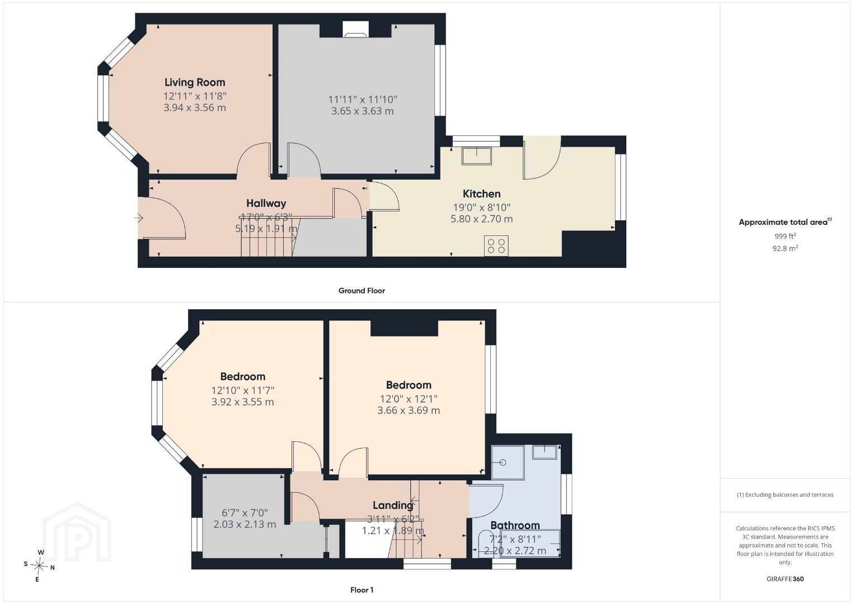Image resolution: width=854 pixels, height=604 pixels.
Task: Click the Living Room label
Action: (x=195, y=82)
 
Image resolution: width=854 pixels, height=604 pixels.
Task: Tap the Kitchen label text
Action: (x=481, y=194)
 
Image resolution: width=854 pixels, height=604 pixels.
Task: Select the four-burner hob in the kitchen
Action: (x=496, y=246)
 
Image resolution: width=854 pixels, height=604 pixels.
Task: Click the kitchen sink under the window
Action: (x=477, y=156)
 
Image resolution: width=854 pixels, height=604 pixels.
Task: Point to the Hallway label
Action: (x=266, y=204)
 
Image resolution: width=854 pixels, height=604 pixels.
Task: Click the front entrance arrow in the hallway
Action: (x=138, y=218)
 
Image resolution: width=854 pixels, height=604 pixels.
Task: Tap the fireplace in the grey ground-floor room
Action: (x=356, y=29)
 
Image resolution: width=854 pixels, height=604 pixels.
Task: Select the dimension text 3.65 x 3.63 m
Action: (x=363, y=111)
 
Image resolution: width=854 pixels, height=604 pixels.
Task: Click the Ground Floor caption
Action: (x=362, y=291)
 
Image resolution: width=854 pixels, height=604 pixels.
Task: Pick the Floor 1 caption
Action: (x=362, y=590)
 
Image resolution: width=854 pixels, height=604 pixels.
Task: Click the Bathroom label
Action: (x=515, y=525)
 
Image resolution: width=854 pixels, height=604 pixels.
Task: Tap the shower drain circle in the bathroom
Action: (x=503, y=463)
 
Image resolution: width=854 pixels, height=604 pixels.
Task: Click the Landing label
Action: (x=393, y=506)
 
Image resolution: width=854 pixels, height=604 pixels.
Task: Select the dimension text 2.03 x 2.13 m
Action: (x=245, y=525)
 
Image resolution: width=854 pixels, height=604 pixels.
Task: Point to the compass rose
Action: (x=39, y=567)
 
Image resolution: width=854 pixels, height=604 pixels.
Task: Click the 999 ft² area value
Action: (x=785, y=236)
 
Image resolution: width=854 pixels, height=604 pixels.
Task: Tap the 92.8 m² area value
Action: (x=785, y=248)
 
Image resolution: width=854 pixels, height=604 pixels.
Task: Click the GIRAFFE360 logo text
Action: (x=785, y=579)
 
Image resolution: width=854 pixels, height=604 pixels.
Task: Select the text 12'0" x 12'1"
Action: (x=409, y=399)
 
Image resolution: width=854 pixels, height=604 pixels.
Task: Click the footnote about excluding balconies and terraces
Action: (x=785, y=495)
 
